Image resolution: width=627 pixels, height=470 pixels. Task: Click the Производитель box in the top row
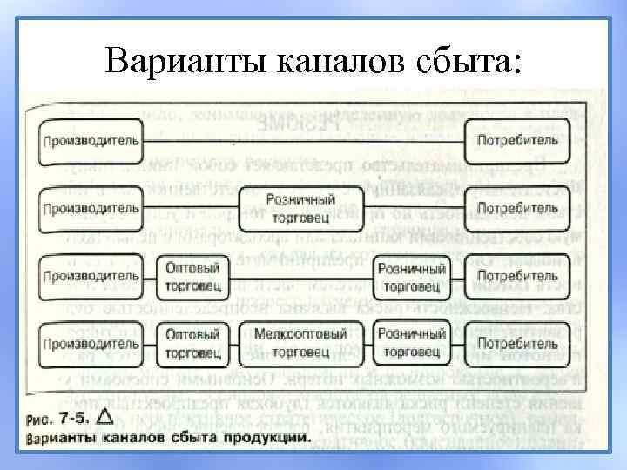point(90,142)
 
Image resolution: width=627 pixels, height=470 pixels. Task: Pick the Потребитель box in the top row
point(517,142)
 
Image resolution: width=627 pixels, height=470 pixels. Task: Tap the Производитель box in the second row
point(90,209)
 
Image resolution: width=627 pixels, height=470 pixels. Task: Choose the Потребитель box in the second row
point(517,209)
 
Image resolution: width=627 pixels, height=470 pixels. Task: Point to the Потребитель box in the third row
point(517,276)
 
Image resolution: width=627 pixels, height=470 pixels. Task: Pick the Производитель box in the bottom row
point(90,342)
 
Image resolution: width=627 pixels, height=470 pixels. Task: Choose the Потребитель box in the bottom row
point(517,342)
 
